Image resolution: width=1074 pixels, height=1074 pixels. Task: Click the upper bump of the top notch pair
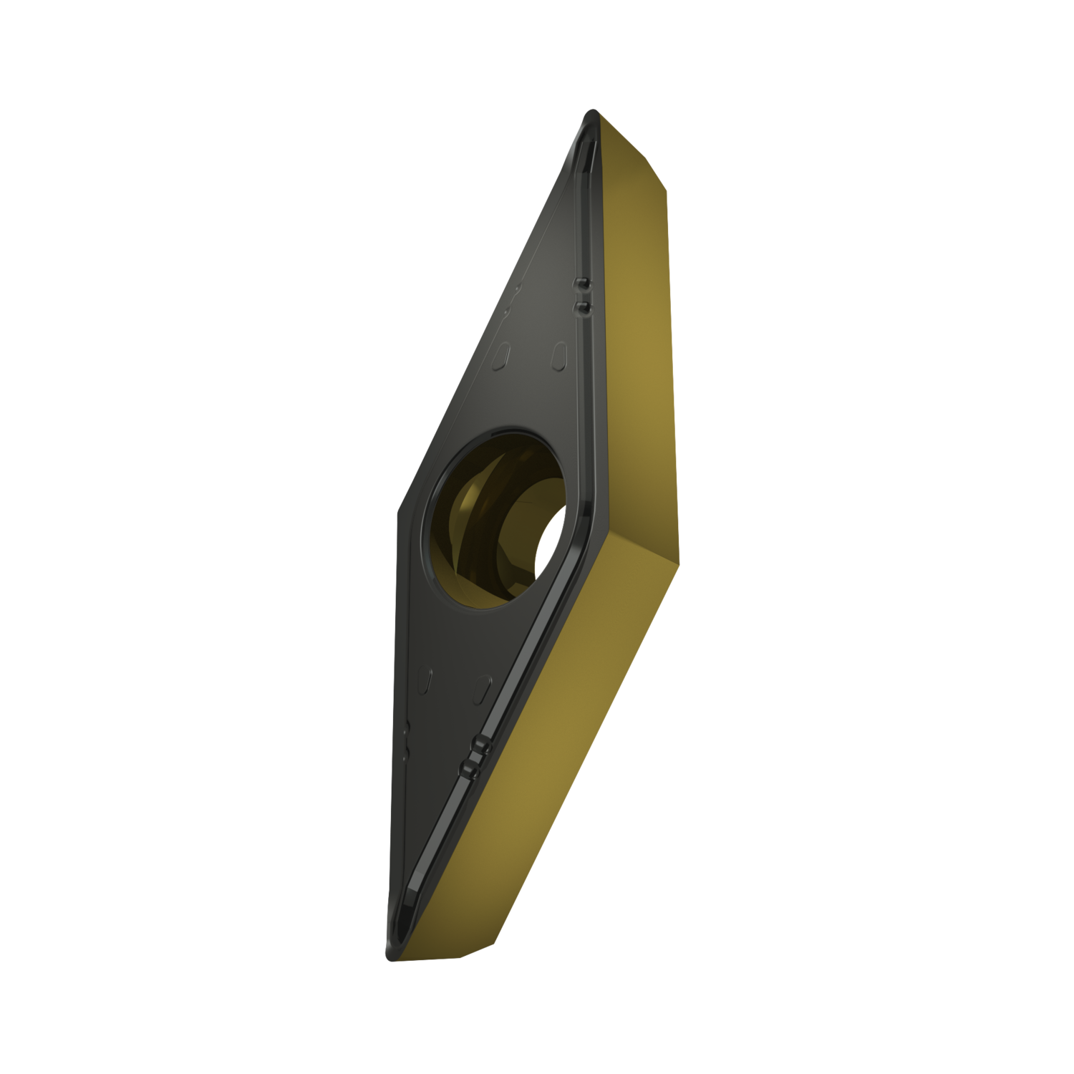coord(582,286)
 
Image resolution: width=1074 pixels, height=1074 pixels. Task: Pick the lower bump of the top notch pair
coord(582,307)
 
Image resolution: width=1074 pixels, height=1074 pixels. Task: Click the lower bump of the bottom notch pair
coord(470,768)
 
